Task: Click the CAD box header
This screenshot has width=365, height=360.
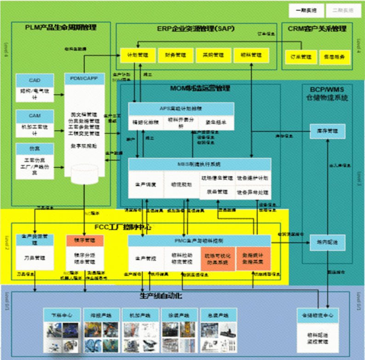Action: pos(34,80)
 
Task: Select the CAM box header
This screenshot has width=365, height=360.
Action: pos(34,116)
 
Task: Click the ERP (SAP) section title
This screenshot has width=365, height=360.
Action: pos(196,29)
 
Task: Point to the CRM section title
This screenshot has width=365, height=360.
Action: pos(317,29)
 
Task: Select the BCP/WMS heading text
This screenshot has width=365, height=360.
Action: pos(327,93)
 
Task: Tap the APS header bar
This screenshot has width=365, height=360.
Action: pos(181,109)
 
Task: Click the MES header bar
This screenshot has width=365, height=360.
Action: pos(200,164)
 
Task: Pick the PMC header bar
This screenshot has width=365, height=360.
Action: pos(199,240)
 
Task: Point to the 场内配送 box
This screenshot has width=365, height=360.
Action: pos(327,241)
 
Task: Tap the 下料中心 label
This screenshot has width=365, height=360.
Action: pos(63,315)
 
